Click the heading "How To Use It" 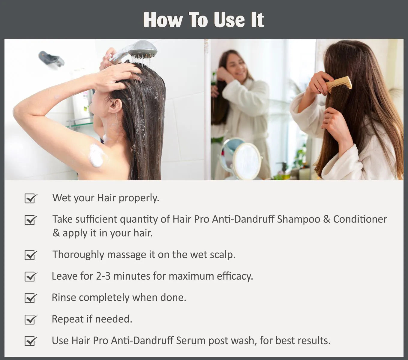pos(204,20)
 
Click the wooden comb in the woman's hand pos(339,84)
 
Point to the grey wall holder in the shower pos(51,59)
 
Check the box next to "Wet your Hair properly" pos(31,198)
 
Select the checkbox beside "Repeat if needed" pos(31,319)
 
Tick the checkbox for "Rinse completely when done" pos(31,298)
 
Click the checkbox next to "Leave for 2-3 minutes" pos(31,276)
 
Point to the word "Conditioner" pos(360,219)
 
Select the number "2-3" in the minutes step pos(103,276)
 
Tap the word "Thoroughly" pos(78,255)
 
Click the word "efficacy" pos(235,276)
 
